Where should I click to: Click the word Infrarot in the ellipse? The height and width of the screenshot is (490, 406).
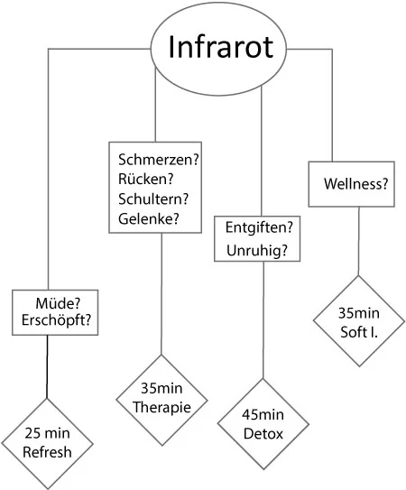(x=221, y=47)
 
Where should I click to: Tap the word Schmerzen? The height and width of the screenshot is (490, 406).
(x=159, y=160)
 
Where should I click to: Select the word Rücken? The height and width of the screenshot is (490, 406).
(x=145, y=179)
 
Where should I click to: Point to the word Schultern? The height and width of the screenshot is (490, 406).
(x=153, y=199)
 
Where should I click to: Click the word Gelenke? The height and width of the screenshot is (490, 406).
(x=149, y=218)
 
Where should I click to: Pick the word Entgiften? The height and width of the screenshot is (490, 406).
(x=259, y=227)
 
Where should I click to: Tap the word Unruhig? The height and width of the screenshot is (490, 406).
(x=257, y=250)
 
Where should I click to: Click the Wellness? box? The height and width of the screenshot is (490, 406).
(x=351, y=184)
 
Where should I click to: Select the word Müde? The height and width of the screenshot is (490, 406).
(x=58, y=303)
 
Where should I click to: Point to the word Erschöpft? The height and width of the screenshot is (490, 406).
(x=56, y=320)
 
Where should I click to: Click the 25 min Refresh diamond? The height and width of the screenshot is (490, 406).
(x=47, y=444)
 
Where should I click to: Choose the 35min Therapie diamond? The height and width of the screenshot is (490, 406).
(x=161, y=400)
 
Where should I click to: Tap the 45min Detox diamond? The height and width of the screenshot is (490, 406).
(x=263, y=424)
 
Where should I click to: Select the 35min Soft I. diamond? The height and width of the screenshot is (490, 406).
(x=359, y=321)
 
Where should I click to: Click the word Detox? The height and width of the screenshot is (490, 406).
(x=263, y=434)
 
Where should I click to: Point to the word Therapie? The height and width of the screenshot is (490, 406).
(x=161, y=408)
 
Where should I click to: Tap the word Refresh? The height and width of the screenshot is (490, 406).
(x=47, y=452)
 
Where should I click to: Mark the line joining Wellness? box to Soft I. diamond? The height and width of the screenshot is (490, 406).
(x=358, y=241)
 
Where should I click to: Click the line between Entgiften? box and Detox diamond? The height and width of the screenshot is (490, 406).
(x=263, y=320)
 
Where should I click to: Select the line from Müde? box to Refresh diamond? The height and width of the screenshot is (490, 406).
(x=47, y=367)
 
